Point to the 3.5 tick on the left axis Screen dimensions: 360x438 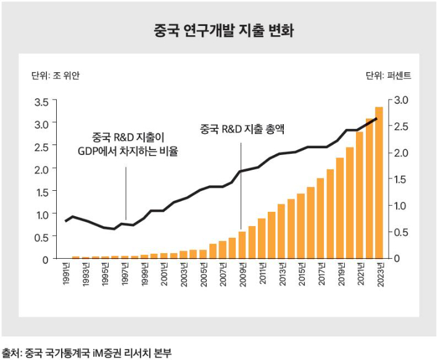click(41, 102)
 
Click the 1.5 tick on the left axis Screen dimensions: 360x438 click(41, 192)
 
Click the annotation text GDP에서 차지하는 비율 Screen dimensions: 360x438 click(127, 151)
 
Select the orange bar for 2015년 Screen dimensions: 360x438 click(301, 226)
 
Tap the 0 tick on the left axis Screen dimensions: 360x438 click(45, 259)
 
